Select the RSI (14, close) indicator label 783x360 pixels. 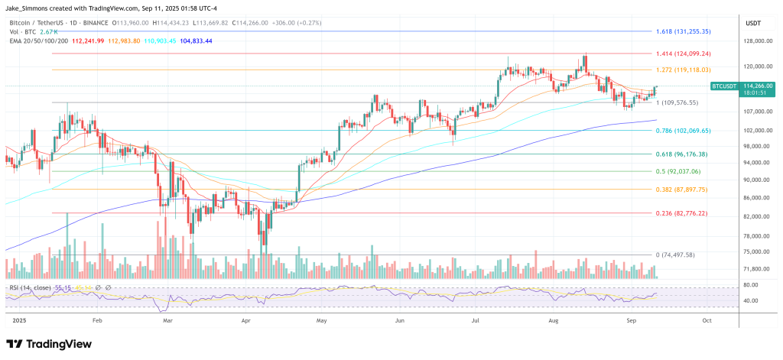point(31,287)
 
